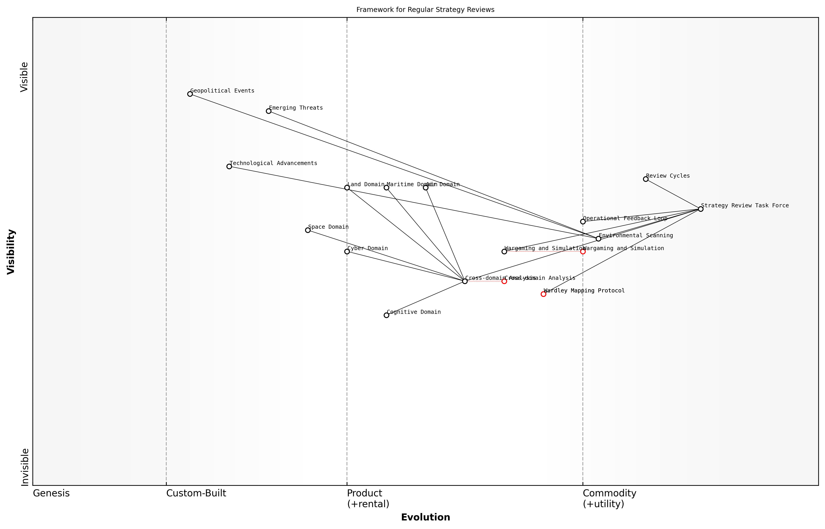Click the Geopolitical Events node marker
(x=190, y=94)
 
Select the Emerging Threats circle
(x=269, y=111)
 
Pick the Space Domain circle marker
(x=308, y=230)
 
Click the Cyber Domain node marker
(x=347, y=251)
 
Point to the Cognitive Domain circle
(x=386, y=315)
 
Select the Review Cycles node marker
(x=646, y=179)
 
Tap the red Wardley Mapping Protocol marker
(x=543, y=294)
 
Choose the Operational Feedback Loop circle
(x=583, y=222)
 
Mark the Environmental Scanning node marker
(x=598, y=239)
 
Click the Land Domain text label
(x=366, y=184)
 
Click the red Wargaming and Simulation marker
(x=583, y=251)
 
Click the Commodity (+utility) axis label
(x=609, y=498)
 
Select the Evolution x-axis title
(x=425, y=517)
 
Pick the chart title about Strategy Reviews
(x=425, y=10)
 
